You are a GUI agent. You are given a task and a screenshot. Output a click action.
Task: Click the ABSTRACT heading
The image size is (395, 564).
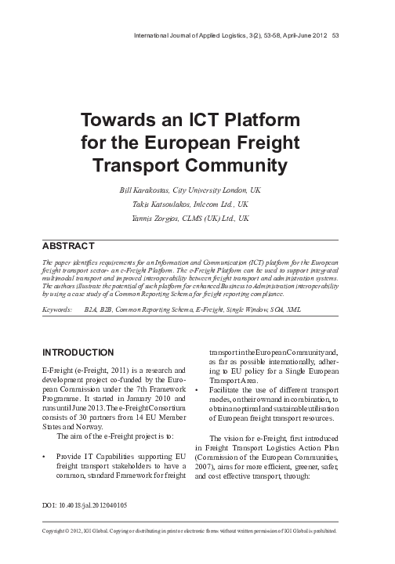pos(69,245)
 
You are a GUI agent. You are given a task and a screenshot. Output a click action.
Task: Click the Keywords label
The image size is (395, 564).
pos(59,311)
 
